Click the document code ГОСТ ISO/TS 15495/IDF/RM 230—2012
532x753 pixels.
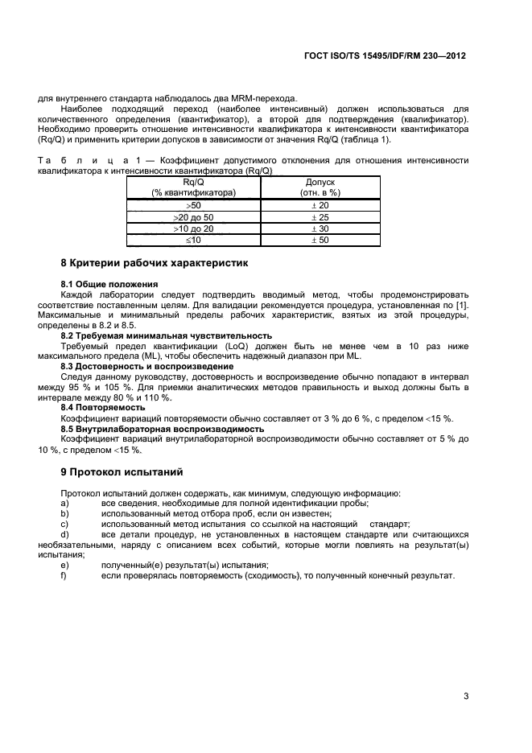[386, 57]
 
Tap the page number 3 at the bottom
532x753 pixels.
[465, 696]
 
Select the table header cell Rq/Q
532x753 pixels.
[193, 183]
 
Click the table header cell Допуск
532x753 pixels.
[320, 183]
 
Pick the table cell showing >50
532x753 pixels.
[193, 206]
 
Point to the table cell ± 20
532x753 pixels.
[320, 206]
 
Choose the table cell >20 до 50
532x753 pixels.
[193, 217]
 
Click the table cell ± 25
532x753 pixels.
[320, 217]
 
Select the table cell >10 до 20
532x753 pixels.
[193, 228]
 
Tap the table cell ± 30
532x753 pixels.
[320, 228]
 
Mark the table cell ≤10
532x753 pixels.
[193, 240]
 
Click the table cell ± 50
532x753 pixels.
[320, 240]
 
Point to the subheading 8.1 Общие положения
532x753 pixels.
[109, 284]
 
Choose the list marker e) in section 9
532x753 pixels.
[64, 565]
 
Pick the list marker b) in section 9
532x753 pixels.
[64, 512]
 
